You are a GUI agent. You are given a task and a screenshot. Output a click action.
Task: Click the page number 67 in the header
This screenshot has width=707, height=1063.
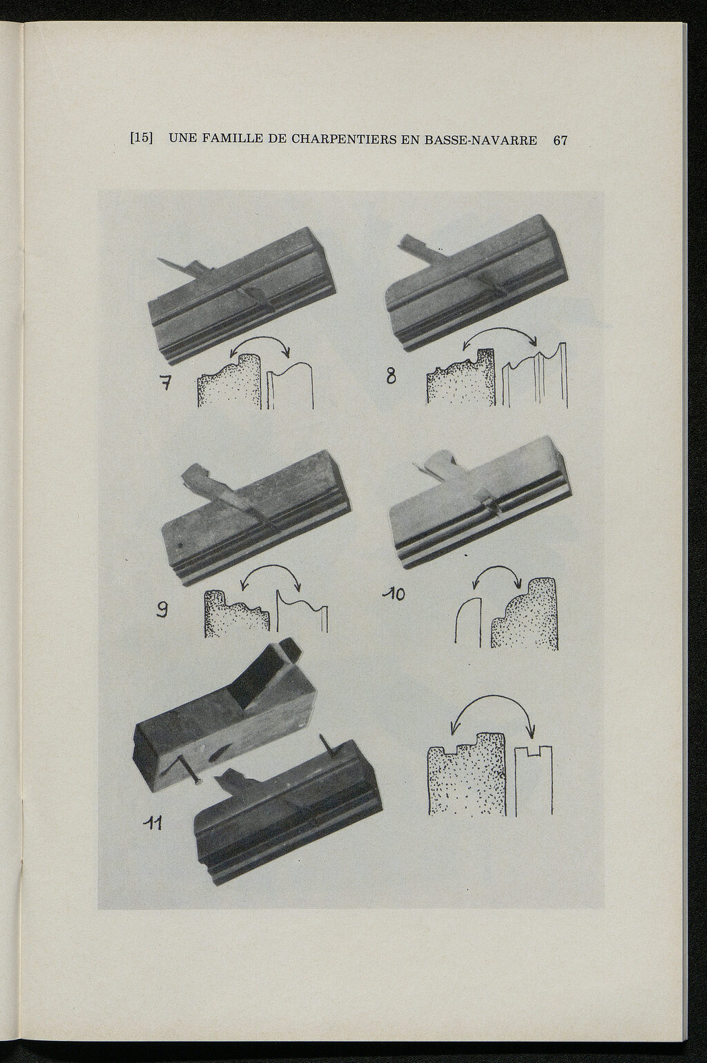[560, 140]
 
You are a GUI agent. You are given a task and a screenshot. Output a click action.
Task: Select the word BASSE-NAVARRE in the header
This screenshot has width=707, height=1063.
[481, 140]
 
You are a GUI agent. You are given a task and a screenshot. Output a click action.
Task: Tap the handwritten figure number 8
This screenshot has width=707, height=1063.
[391, 377]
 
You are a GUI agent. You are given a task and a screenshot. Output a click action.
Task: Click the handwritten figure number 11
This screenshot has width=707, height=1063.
[153, 824]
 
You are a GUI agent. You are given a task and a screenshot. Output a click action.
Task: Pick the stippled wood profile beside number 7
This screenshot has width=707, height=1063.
[229, 382]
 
